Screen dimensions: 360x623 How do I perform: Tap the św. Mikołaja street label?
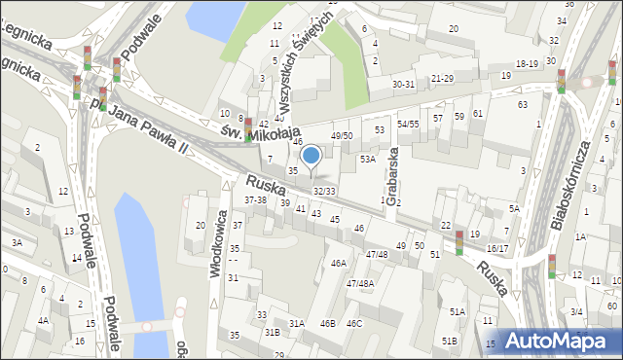[259, 133]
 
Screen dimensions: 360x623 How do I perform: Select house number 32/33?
[324, 191]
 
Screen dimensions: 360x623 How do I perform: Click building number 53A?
[367, 159]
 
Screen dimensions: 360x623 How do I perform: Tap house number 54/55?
[408, 125]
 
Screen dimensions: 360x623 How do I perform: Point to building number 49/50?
[342, 135]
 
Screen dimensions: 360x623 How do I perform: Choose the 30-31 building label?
[404, 85]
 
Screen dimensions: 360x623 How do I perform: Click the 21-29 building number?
[442, 78]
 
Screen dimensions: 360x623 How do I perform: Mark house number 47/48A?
[359, 283]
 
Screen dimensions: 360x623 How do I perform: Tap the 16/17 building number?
[496, 248]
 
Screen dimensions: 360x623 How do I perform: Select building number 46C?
[353, 323]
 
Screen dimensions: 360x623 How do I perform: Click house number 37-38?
[256, 199]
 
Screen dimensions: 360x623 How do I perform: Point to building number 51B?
[449, 341]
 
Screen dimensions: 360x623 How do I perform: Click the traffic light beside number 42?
[248, 128]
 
